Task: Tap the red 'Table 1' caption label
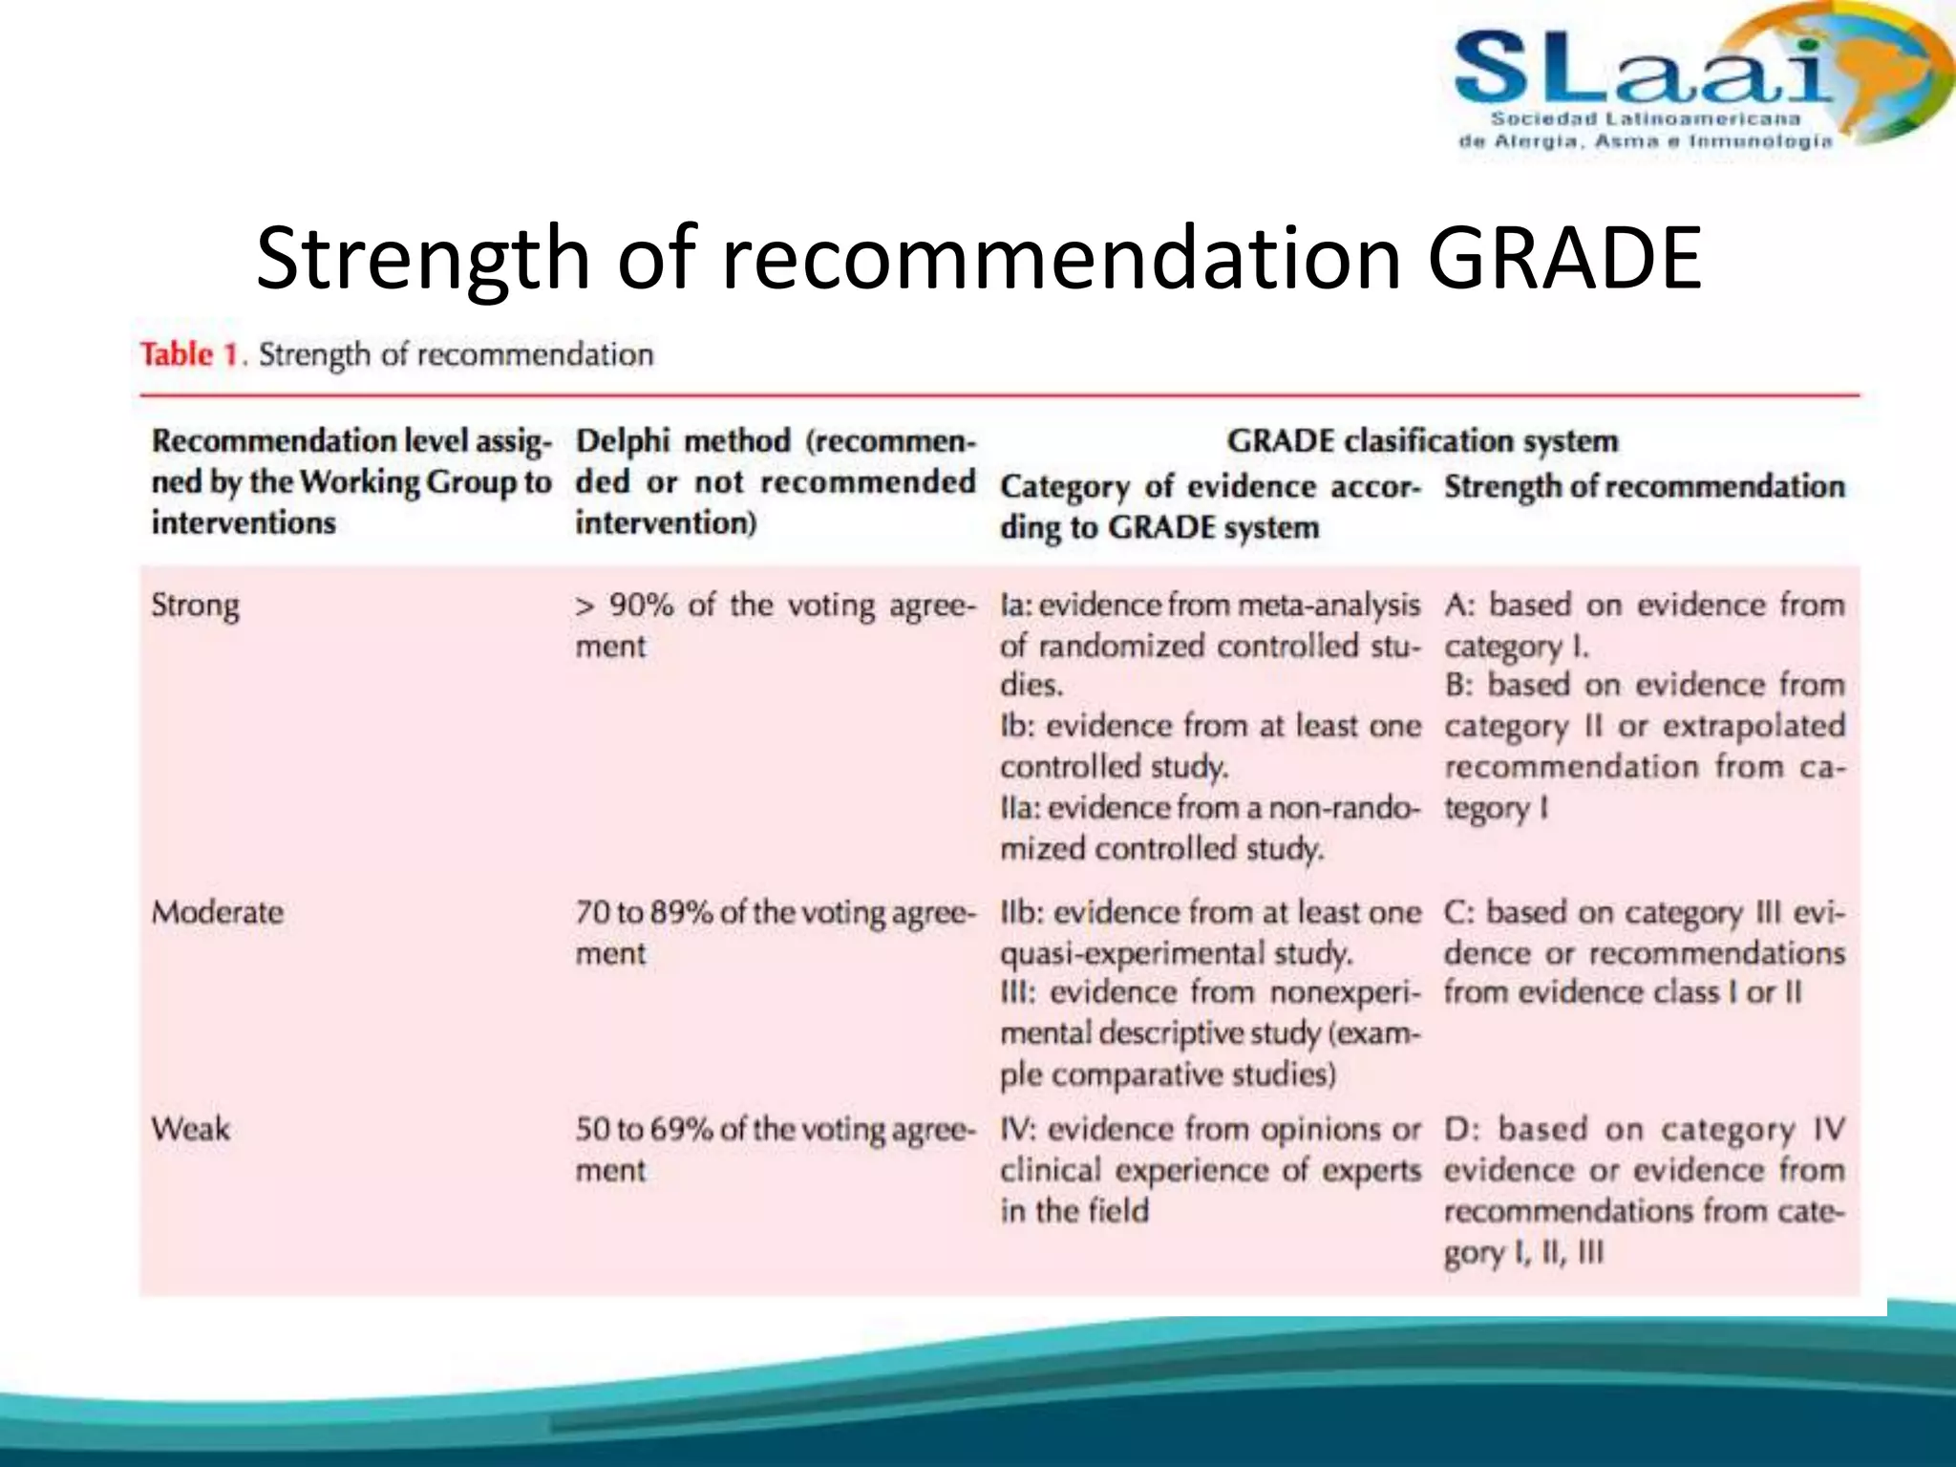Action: coord(189,354)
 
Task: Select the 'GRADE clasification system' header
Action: coord(1422,440)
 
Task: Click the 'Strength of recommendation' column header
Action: coord(1644,486)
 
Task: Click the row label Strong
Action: coord(195,606)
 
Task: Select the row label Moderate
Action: coord(217,912)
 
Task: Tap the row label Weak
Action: coord(190,1129)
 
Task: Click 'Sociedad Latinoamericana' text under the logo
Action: coord(1645,119)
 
